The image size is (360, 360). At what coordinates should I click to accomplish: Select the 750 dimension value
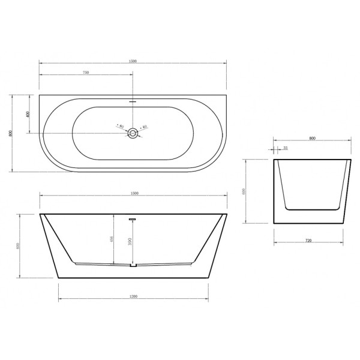click(x=86, y=73)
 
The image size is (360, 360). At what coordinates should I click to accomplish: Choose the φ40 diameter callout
click(x=144, y=127)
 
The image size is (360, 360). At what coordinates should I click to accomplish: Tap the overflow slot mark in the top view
click(x=133, y=101)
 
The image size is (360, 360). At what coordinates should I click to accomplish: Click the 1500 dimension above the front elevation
click(x=133, y=193)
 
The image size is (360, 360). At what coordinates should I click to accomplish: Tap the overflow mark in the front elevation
click(x=133, y=220)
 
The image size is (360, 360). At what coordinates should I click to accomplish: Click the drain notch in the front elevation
click(x=134, y=265)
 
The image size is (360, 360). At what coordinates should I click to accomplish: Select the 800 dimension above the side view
click(x=312, y=138)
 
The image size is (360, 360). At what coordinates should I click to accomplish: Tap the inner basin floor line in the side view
click(x=312, y=208)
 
